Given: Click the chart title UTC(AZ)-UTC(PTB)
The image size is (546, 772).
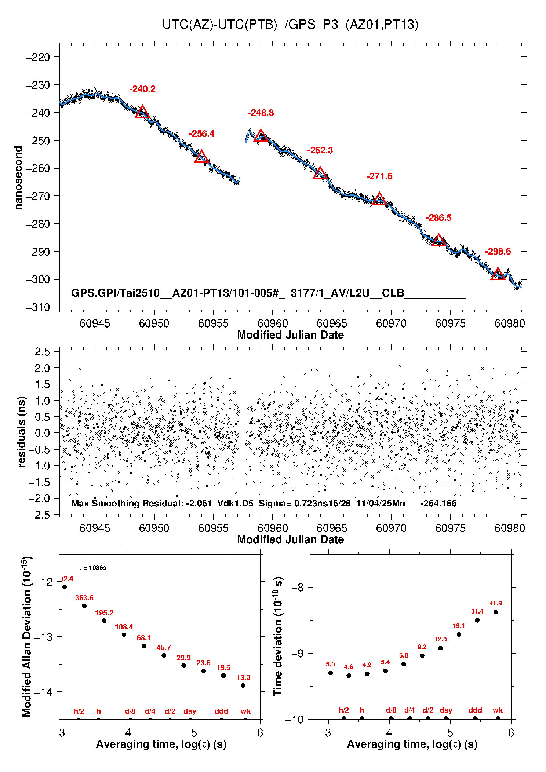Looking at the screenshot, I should coord(219,25).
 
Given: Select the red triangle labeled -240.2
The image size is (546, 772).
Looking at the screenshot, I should coord(142,111).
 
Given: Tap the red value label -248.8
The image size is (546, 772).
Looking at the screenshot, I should coord(261,113).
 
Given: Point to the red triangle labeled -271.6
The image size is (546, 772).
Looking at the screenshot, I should coord(379,199).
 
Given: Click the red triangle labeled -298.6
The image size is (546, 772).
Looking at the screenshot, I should coord(498,274).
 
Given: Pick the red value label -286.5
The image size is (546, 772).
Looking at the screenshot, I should coord(438,218).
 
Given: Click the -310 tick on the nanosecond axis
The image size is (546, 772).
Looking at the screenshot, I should coord(38,307).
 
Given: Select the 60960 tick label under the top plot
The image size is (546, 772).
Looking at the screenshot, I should coord(273,323).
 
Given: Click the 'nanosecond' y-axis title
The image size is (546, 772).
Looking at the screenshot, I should coord(18,178).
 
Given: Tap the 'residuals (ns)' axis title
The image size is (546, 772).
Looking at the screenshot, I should coord(22,432).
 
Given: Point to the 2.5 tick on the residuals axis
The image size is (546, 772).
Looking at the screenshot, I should coord(42,352).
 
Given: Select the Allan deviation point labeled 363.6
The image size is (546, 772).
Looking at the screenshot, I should coord(84,606).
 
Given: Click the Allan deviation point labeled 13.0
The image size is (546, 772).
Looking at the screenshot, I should coord(243,685).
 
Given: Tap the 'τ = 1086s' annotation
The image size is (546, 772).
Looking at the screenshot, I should coord(92,568).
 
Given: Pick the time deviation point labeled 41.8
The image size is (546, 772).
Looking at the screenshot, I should coord(495,612).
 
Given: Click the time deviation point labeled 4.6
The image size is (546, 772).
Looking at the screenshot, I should coord(349,676).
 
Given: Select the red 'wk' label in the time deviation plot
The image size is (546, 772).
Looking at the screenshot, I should coord(498,710).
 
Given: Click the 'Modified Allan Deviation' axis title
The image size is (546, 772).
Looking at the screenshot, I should coord(27,636).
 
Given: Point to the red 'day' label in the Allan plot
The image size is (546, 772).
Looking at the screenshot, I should coord(190,711).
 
